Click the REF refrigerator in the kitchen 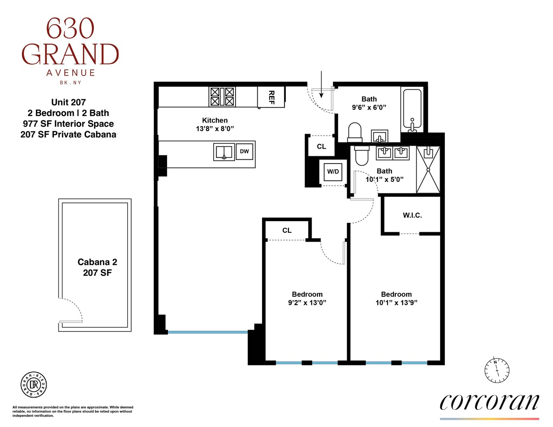[x=271, y=97]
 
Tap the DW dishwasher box [x=244, y=152]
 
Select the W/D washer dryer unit [x=333, y=172]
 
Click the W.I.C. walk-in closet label [x=412, y=216]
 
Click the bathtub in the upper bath [x=412, y=109]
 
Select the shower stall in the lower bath [x=428, y=170]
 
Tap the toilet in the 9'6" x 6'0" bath [x=355, y=132]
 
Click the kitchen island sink [x=224, y=152]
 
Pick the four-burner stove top [x=222, y=97]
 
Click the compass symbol [x=497, y=369]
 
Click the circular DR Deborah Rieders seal [x=34, y=384]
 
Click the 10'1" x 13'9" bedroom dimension [x=396, y=303]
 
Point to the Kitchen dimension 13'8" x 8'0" [x=215, y=129]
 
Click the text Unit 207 [x=68, y=102]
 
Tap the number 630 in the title [x=70, y=29]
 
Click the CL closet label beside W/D [x=321, y=146]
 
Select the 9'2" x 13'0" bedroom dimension [x=307, y=303]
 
